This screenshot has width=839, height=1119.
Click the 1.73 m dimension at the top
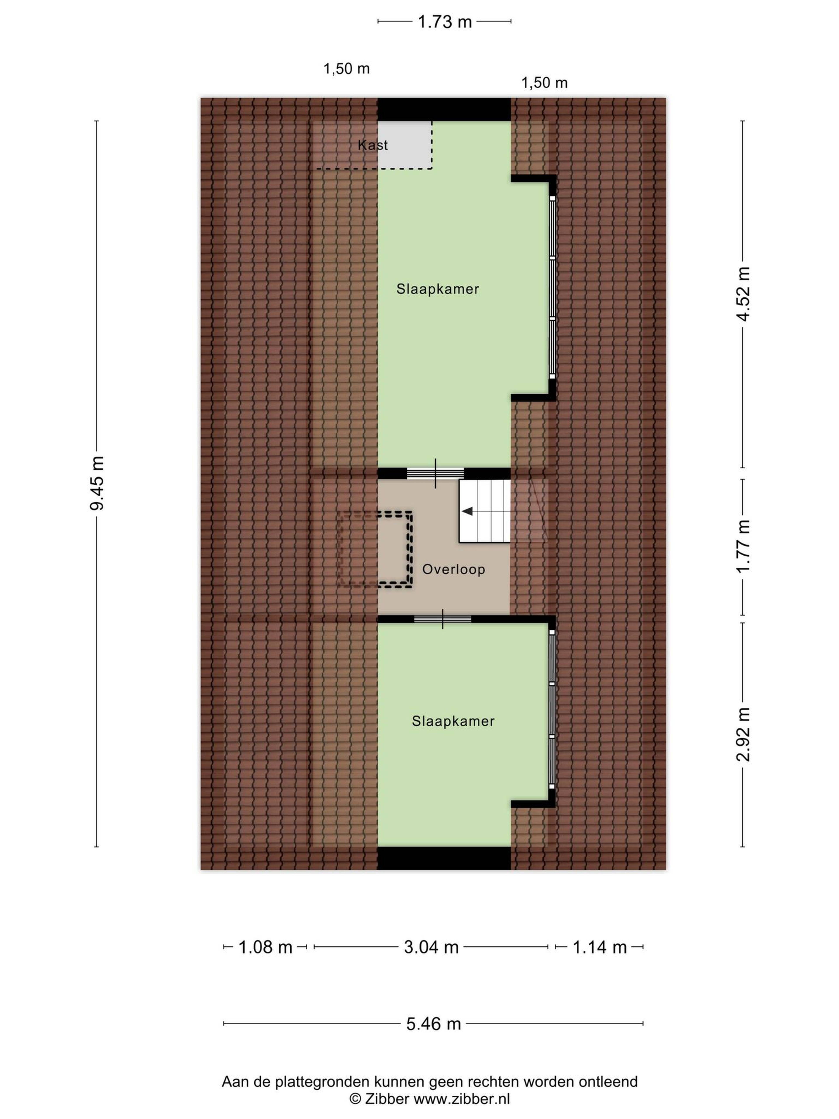[x=445, y=22]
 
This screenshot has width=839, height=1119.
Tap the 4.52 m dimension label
[x=743, y=294]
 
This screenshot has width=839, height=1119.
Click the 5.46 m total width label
[x=433, y=1024]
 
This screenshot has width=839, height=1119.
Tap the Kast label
[x=373, y=145]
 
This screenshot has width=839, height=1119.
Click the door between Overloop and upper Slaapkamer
[x=435, y=474]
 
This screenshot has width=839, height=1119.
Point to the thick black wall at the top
[x=444, y=109]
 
